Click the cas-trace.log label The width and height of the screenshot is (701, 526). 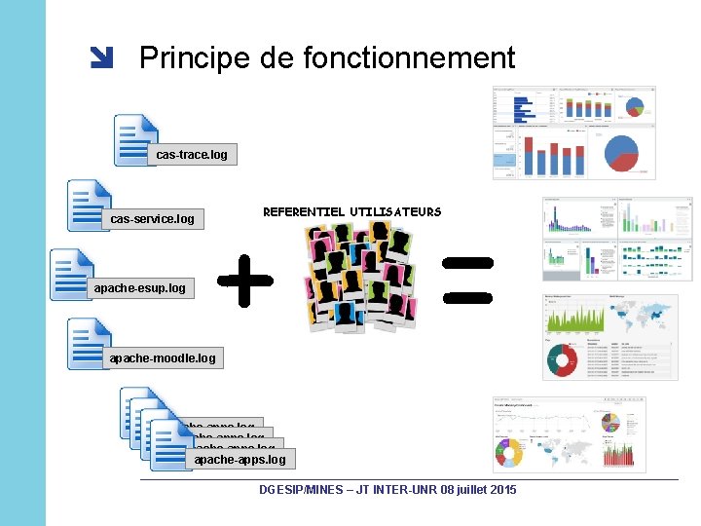(x=192, y=154)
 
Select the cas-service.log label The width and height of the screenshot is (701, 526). (x=152, y=219)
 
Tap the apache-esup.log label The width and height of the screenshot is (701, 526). (x=139, y=288)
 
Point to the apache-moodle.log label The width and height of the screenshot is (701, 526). (x=163, y=358)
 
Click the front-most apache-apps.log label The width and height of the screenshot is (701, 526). (x=240, y=459)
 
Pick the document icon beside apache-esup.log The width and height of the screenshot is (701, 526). (x=73, y=274)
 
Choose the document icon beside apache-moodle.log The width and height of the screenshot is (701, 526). (x=90, y=342)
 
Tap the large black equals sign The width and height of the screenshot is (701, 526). (x=468, y=279)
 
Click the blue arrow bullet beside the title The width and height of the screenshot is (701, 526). (x=101, y=59)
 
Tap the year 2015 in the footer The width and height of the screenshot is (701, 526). (x=500, y=489)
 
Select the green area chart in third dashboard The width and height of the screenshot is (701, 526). (x=574, y=317)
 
